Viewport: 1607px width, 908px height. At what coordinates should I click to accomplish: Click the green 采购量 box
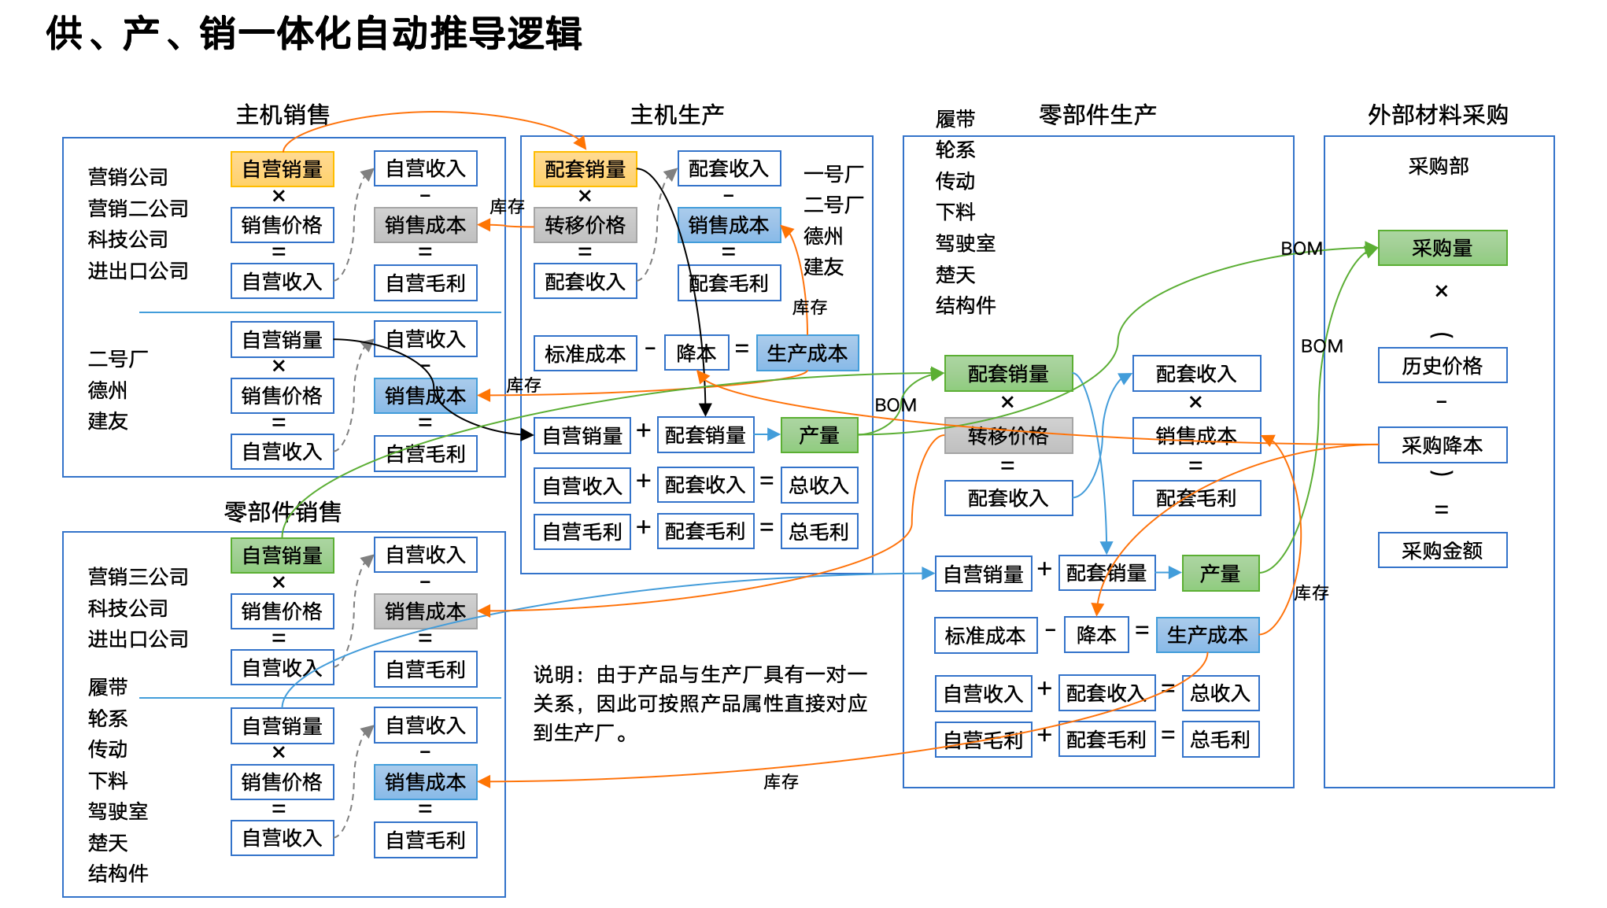[x=1442, y=248]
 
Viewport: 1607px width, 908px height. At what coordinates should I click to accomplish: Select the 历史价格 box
[x=1442, y=365]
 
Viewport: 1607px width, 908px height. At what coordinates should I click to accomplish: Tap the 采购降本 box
[x=1442, y=445]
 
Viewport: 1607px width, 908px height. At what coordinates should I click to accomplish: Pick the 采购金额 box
[x=1442, y=550]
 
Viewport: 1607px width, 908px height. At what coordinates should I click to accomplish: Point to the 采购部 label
[x=1438, y=166]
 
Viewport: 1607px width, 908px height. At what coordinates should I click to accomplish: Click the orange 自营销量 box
[x=282, y=169]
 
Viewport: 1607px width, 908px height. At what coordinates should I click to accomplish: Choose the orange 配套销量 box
[x=585, y=169]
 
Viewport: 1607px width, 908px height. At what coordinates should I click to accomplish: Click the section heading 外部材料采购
[x=1437, y=115]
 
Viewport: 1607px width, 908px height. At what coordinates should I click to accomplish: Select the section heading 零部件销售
[x=283, y=512]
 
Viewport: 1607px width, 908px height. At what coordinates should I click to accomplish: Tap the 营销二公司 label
[x=138, y=208]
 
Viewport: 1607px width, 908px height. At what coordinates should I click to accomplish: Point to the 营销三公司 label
[x=138, y=577]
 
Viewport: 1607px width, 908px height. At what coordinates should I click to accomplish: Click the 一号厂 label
[x=833, y=174]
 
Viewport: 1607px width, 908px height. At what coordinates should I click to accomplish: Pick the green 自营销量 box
[x=282, y=556]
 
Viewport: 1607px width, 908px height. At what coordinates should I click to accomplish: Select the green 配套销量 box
[x=1008, y=374]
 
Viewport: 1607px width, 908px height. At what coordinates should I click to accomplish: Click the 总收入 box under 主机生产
[x=818, y=485]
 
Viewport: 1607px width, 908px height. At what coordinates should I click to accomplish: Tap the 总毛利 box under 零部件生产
[x=1220, y=740]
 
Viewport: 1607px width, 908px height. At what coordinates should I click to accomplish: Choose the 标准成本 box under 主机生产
[x=585, y=354]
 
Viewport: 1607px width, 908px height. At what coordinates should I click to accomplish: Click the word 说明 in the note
[x=553, y=674]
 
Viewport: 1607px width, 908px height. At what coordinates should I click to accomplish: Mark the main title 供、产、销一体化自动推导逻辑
[x=314, y=34]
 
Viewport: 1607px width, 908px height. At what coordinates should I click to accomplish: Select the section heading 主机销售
[x=283, y=115]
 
